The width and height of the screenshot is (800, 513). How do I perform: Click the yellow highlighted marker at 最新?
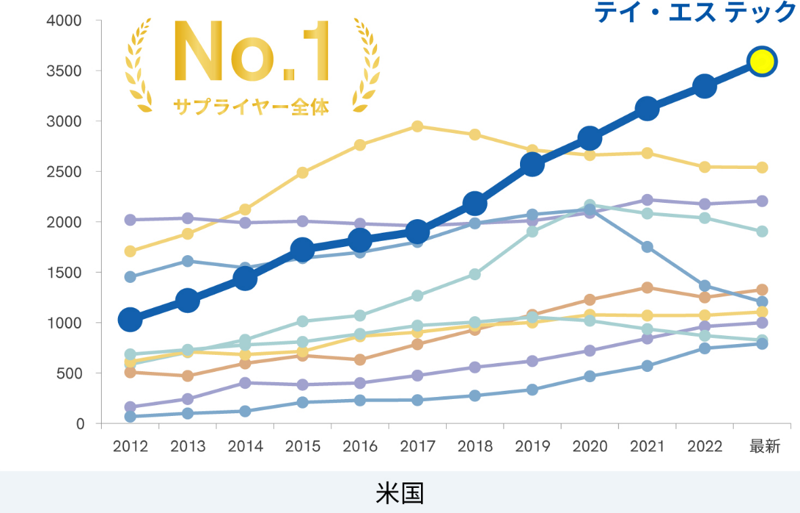[x=761, y=62]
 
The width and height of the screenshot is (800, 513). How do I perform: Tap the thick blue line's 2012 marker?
[x=130, y=320]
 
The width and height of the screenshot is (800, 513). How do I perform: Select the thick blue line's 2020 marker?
[x=590, y=138]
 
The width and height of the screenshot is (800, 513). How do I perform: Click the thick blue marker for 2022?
[x=704, y=86]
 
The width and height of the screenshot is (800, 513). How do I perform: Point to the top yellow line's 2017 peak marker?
[x=418, y=126]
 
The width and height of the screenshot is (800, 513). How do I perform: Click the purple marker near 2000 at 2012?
[x=130, y=220]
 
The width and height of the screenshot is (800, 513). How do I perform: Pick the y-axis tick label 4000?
[x=64, y=21]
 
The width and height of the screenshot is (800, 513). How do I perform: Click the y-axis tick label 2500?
[x=64, y=172]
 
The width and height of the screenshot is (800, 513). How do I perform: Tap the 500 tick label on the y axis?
[x=70, y=373]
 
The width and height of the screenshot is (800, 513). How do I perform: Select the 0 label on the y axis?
[x=80, y=424]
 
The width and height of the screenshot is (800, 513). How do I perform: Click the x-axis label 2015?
[x=303, y=446]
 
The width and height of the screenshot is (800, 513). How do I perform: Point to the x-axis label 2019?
[x=533, y=446]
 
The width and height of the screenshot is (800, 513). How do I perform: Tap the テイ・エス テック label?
[x=696, y=12]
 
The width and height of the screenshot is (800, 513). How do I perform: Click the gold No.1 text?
[x=252, y=52]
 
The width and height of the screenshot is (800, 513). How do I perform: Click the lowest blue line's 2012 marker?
[x=130, y=417]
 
